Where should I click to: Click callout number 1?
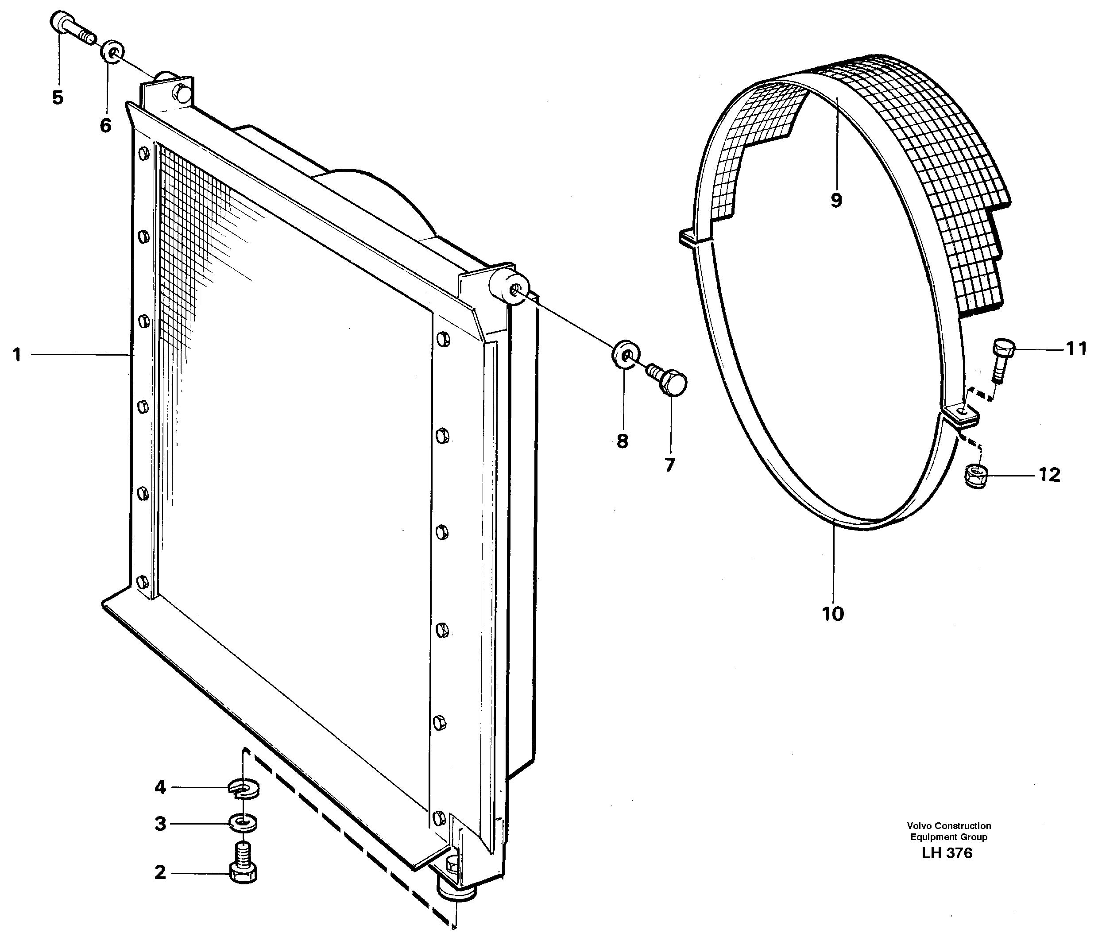(x=18, y=354)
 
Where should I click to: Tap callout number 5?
(x=58, y=97)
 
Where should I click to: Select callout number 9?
(x=835, y=201)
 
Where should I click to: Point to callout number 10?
(x=833, y=614)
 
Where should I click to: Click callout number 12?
(x=1049, y=475)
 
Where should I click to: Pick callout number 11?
(x=1076, y=349)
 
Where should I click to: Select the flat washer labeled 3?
(x=243, y=824)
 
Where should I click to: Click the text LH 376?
(x=947, y=853)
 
